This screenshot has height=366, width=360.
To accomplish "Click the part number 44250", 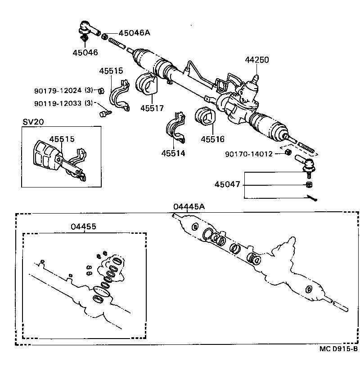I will click(257, 60).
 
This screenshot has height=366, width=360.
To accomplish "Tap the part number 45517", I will click(151, 108).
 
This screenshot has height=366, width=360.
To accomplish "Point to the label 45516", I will click(212, 139).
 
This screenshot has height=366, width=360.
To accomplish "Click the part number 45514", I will click(173, 153).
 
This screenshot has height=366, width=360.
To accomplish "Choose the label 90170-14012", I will click(249, 154).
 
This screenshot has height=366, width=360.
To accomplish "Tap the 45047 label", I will click(227, 185).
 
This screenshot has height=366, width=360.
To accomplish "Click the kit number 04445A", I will click(189, 206).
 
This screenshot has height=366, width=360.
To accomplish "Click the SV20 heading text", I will click(31, 122).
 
